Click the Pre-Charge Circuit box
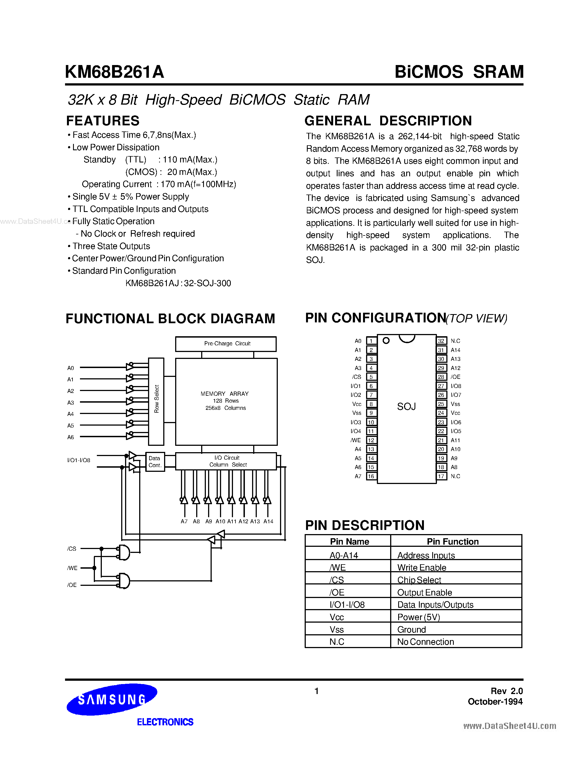[226, 344]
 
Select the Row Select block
[156, 402]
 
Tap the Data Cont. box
[155, 462]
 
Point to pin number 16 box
[371, 476]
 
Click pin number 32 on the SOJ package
[441, 341]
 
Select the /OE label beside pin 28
[455, 377]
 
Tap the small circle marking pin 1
[386, 340]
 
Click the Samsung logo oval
[112, 699]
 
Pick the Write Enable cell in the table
[421, 568]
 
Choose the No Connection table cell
[425, 642]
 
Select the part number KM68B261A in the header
[114, 73]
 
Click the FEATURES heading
[103, 121]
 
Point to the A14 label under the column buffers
[268, 522]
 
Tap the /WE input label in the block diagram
[72, 568]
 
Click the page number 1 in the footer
[316, 691]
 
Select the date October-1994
[495, 702]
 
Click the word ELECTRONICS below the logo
[165, 722]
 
